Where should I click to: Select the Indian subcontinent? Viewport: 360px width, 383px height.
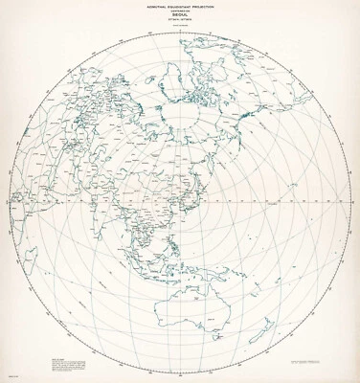click(x=119, y=220)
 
